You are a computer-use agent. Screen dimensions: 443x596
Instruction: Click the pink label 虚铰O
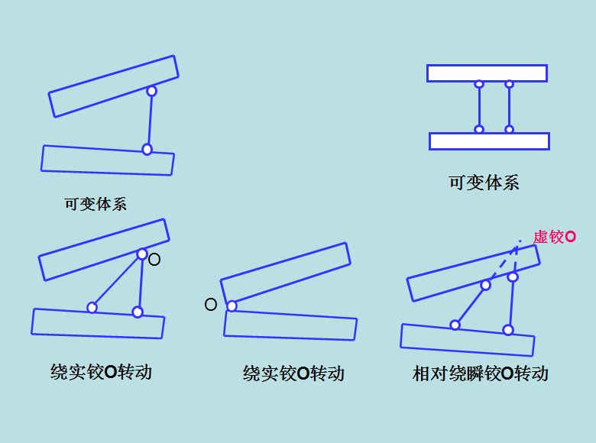pos(554,237)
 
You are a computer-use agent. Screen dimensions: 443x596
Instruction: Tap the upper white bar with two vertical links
pos(487,73)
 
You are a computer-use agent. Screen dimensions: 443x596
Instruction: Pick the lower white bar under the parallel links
pos(489,141)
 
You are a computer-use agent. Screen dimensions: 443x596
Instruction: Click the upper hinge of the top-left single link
pos(151,91)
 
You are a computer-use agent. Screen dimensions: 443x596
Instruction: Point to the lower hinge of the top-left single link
pos(147,149)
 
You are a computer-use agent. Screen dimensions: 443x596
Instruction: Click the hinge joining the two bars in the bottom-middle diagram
pos(232,306)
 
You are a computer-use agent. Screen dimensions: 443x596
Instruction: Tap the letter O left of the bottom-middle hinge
pos(211,305)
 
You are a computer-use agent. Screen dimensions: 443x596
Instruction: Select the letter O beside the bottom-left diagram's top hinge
pos(154,260)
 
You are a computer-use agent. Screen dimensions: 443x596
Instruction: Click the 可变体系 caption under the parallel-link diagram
pos(484,183)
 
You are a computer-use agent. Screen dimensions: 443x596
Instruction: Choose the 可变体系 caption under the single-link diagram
pos(96,204)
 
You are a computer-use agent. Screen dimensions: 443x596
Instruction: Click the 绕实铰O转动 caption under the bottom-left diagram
pos(101,372)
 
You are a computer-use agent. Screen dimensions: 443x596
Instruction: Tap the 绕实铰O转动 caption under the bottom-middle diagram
pos(293,373)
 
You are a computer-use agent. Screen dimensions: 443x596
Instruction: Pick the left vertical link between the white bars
pos(479,107)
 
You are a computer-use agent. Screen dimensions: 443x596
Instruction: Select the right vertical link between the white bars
pos(509,107)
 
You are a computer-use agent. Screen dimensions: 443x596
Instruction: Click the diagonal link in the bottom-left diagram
pos(117,280)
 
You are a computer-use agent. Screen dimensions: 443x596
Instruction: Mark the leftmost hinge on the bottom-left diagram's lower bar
pos(92,307)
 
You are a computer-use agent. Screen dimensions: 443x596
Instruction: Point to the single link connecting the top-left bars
pos(149,120)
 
